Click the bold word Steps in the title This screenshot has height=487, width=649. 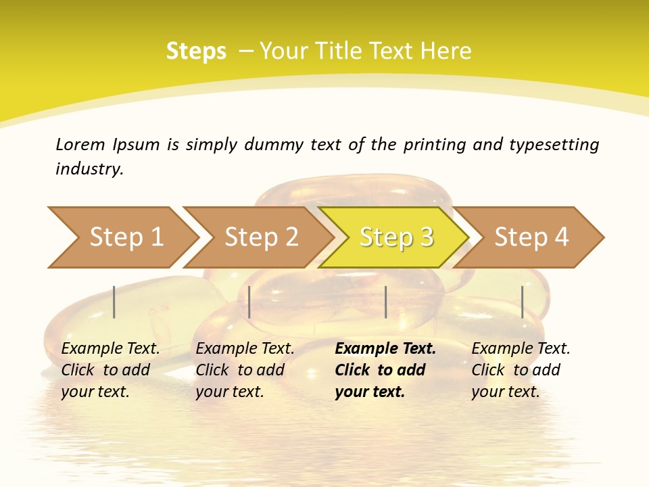pos(196,51)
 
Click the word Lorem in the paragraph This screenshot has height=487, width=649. pos(80,144)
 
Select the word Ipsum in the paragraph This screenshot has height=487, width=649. pos(137,144)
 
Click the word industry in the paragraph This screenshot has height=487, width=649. pos(89,169)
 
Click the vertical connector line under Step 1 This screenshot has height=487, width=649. pos(114,302)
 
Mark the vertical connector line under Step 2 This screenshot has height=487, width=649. pos(249,302)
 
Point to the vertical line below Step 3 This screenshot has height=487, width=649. pos(385,302)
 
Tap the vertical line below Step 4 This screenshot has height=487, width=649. pos(522,302)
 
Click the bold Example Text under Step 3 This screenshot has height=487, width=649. pos(385,370)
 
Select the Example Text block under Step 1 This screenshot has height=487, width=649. pos(110,370)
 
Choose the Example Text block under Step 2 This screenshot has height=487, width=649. pos(245,370)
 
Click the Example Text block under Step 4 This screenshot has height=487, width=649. pos(521,370)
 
